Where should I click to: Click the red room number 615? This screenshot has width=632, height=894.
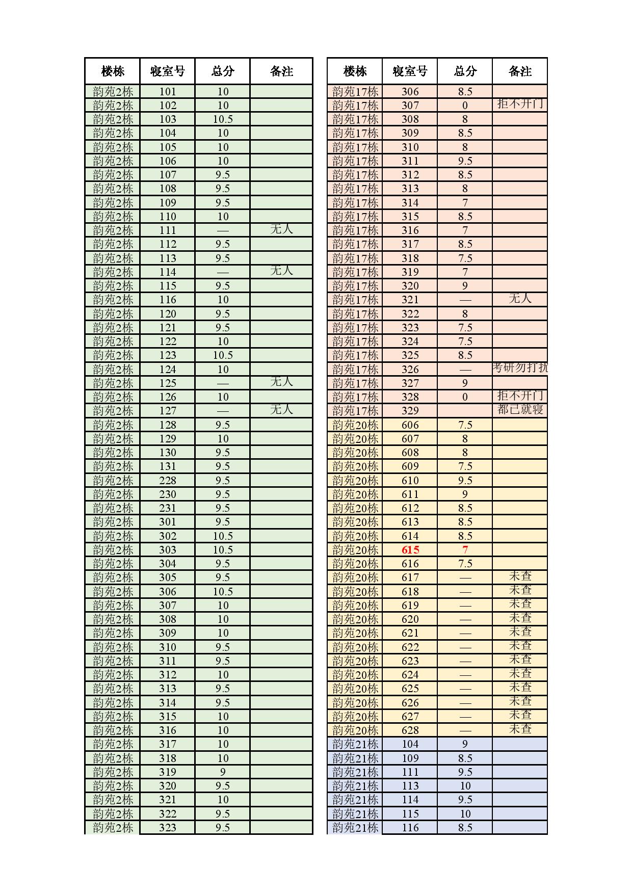pyautogui.click(x=410, y=550)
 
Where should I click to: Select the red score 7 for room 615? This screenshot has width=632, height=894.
pyautogui.click(x=465, y=550)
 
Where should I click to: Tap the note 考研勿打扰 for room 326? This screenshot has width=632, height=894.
pyautogui.click(x=520, y=367)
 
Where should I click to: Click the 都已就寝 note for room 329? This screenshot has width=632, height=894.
pyautogui.click(x=520, y=409)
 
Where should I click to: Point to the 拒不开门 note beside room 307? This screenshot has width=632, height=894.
pyautogui.click(x=520, y=104)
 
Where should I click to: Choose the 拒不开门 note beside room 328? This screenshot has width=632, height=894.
pyautogui.click(x=520, y=396)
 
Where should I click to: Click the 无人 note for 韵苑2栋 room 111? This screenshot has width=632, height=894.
pyautogui.click(x=281, y=229)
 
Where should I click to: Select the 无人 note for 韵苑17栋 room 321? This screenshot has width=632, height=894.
pyautogui.click(x=520, y=298)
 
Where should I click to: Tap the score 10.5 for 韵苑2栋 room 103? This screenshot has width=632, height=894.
pyautogui.click(x=223, y=119)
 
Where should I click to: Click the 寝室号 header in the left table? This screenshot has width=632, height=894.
pyautogui.click(x=167, y=71)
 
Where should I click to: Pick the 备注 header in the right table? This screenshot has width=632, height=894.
pyautogui.click(x=520, y=71)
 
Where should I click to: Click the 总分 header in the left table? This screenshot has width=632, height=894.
pyautogui.click(x=223, y=71)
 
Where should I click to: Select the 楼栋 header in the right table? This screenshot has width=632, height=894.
pyautogui.click(x=355, y=71)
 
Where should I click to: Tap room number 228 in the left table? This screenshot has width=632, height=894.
pyautogui.click(x=167, y=481)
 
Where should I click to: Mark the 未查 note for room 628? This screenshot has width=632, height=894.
pyautogui.click(x=520, y=729)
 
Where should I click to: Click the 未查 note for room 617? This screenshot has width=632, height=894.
pyautogui.click(x=520, y=576)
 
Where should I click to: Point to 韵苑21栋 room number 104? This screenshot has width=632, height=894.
pyautogui.click(x=410, y=744)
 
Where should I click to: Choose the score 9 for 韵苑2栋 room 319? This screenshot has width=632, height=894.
pyautogui.click(x=223, y=772)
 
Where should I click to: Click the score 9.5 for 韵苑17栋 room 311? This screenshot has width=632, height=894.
pyautogui.click(x=465, y=161)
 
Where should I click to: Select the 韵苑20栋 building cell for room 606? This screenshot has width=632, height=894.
pyautogui.click(x=355, y=425)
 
